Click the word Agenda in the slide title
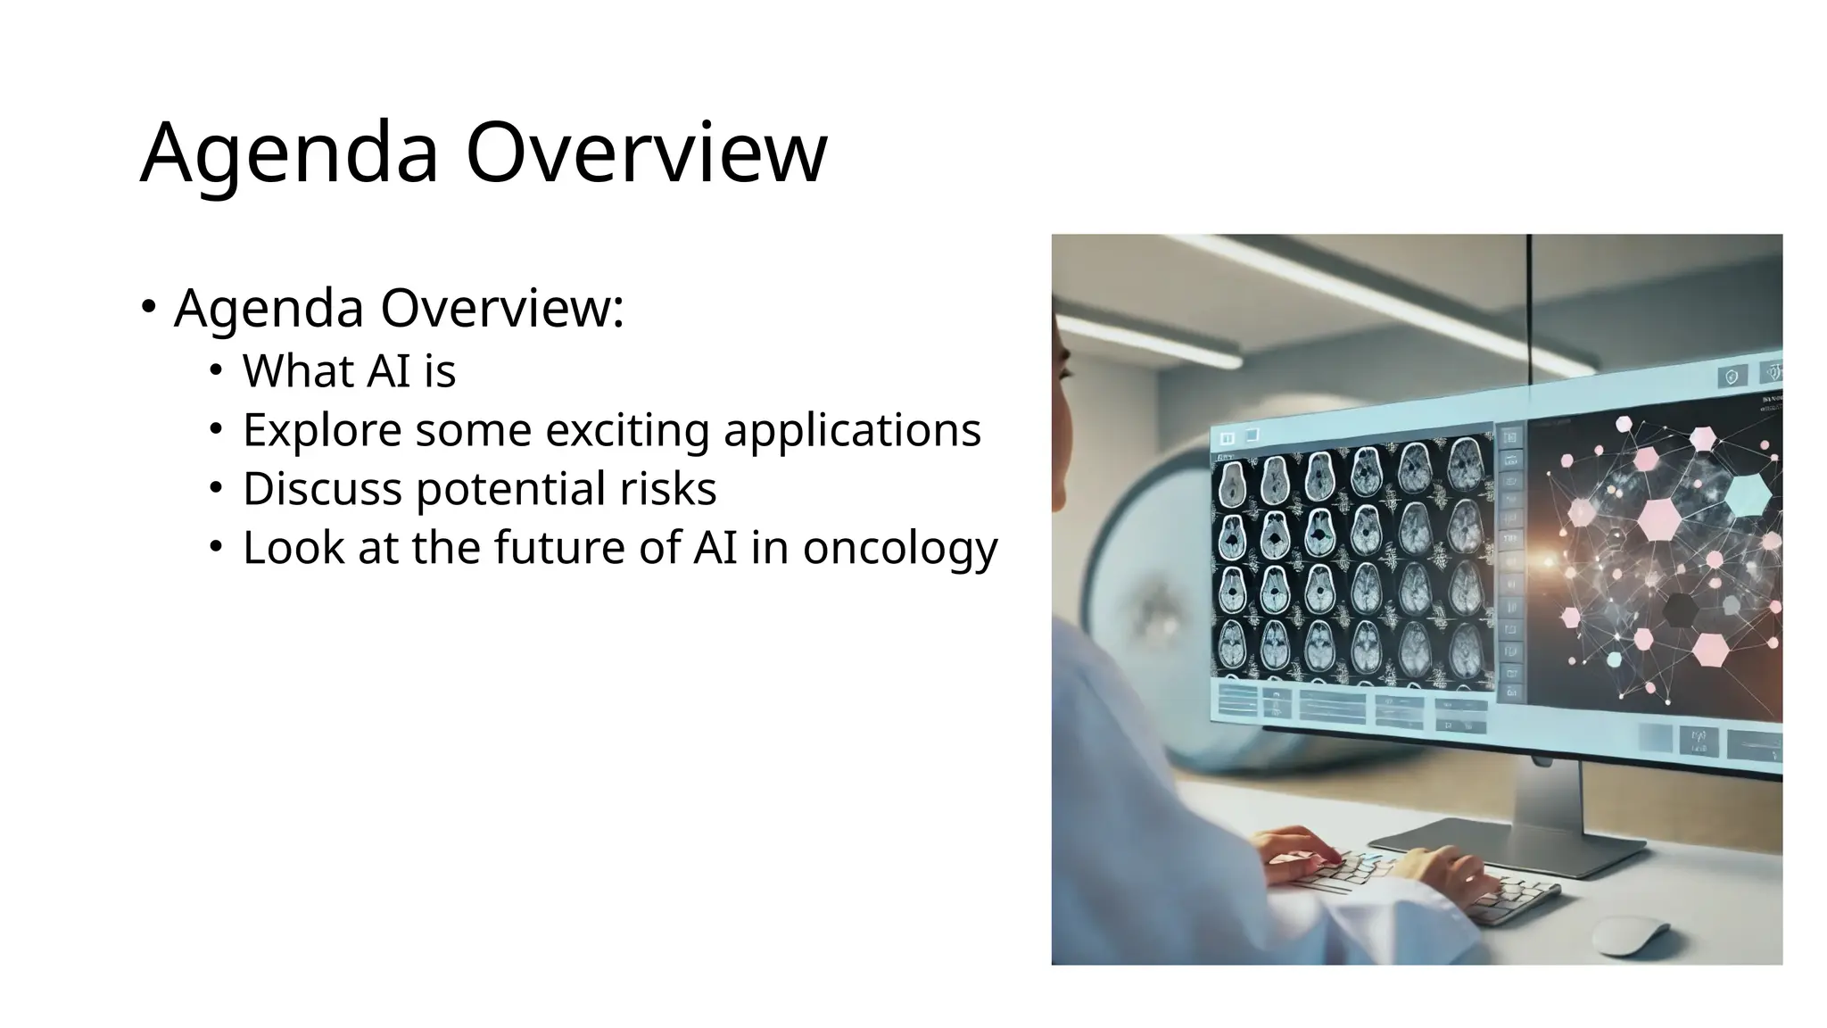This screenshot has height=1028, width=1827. point(289,153)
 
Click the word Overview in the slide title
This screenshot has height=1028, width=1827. point(646,153)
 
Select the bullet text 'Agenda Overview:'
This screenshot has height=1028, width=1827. point(398,309)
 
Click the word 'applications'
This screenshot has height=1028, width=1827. point(852,430)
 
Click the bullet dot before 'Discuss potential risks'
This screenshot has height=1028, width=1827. point(215,487)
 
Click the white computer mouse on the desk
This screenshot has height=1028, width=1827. point(1629,933)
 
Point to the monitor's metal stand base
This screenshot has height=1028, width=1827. point(1508,843)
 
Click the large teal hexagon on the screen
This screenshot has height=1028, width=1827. point(1747,495)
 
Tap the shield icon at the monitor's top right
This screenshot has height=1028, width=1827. point(1732,377)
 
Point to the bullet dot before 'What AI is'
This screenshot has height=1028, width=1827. point(215,369)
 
